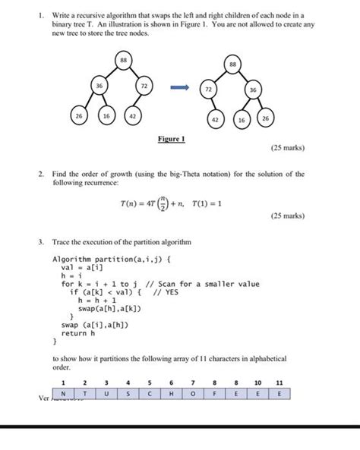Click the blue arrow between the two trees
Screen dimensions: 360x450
point(178,88)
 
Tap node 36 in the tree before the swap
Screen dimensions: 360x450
point(98,87)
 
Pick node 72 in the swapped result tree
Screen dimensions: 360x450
point(206,90)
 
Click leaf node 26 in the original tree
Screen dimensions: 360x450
point(80,118)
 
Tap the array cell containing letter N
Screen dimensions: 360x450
point(64,392)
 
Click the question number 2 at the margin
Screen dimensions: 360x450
point(42,174)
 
